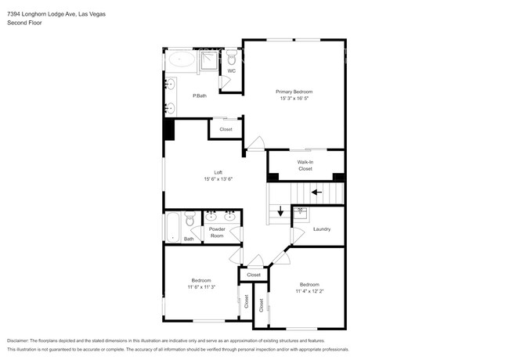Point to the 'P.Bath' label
pos(200,96)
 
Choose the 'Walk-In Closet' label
pos(305,165)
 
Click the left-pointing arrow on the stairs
pos(317,191)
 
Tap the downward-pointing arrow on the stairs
pos(280,211)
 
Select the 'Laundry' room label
pos(321,229)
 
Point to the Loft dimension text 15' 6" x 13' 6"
pos(218,179)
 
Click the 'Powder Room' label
pos(217,232)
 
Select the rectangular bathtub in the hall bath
pos(173,226)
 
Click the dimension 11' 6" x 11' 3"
pos(201,287)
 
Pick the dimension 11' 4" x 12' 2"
pos(309,291)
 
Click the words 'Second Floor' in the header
pos(23,23)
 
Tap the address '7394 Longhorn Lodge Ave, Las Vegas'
pos(56,14)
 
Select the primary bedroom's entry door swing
pos(256,143)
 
